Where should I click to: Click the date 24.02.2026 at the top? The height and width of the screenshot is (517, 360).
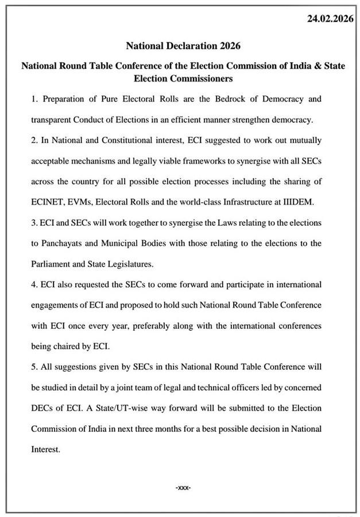pyautogui.click(x=330, y=20)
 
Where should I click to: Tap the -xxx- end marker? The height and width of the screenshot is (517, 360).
pyautogui.click(x=182, y=487)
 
